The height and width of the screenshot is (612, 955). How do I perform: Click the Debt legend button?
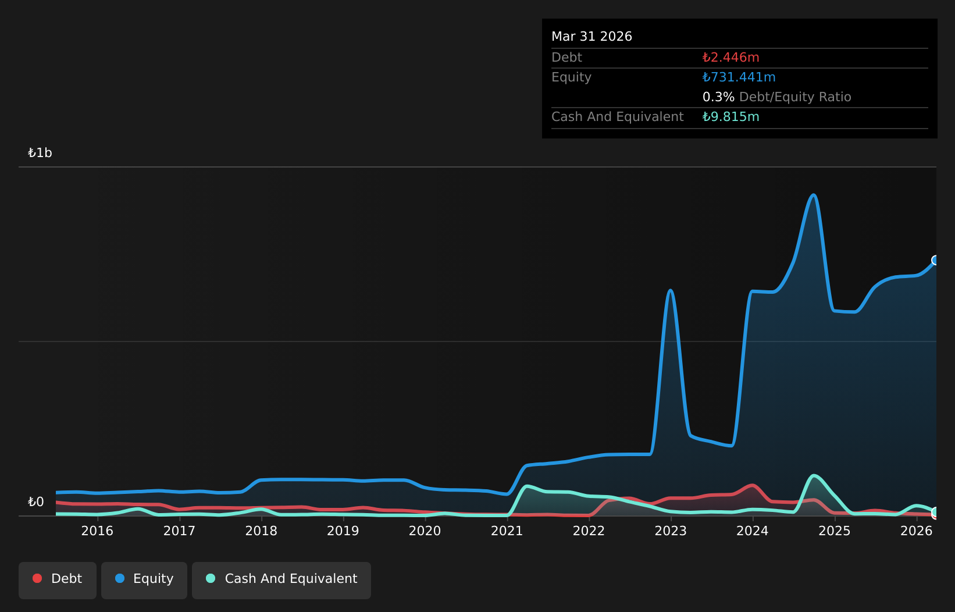pos(57,580)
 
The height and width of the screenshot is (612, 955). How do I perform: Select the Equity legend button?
pos(144,580)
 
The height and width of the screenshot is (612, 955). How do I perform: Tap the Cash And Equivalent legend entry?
pos(281,580)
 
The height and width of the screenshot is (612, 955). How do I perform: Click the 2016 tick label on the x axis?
pos(97,531)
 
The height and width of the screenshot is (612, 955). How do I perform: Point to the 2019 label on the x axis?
pos(343,531)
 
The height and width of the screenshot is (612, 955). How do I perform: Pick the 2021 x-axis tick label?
pos(507,531)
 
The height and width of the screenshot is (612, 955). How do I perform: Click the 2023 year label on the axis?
pos(671,531)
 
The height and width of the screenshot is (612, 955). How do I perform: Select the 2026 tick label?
pos(916,531)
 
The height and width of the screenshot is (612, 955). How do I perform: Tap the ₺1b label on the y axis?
pos(40,152)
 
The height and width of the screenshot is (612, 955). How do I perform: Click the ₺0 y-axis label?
pos(36,501)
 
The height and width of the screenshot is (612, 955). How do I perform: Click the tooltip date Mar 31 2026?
pos(591,37)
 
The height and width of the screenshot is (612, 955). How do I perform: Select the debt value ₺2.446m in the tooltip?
pos(730,57)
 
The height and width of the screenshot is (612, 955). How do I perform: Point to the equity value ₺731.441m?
pos(739,77)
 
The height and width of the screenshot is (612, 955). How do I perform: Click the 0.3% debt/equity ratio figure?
pos(718,97)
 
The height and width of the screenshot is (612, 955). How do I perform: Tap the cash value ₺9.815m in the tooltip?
pos(730,117)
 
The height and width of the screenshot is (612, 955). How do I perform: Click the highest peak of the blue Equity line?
pos(814,195)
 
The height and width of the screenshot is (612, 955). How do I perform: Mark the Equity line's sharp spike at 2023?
pos(671,291)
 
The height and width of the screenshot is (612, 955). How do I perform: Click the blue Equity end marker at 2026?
pos(935,260)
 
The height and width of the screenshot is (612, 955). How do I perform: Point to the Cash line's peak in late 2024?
pos(814,475)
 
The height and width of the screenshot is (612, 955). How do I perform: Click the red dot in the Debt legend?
pos(38,578)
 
